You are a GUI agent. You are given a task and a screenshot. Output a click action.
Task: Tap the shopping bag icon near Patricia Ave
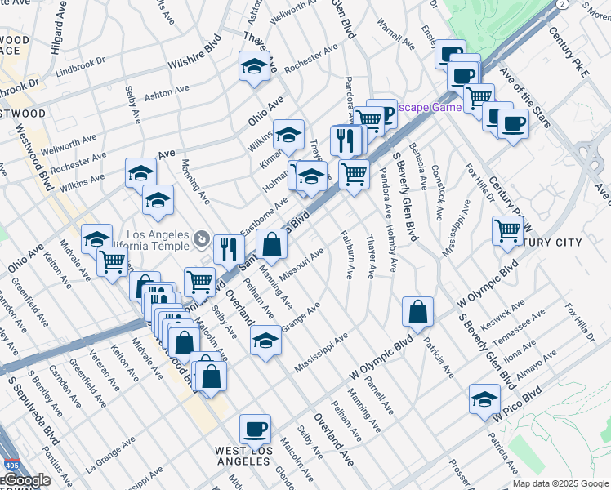point(417,311)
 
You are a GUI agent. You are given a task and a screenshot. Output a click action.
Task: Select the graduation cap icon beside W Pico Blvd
point(484,399)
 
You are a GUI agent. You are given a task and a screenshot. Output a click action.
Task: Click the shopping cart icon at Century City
point(507,231)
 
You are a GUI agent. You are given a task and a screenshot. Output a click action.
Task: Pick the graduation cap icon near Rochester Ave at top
point(254,66)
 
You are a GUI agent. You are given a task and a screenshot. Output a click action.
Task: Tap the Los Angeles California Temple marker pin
point(202,239)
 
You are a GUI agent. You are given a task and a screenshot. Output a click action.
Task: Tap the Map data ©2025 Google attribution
point(560,483)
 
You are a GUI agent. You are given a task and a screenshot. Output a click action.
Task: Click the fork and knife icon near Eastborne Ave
point(229,248)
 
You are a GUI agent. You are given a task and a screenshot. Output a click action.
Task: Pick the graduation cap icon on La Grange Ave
point(265,340)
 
